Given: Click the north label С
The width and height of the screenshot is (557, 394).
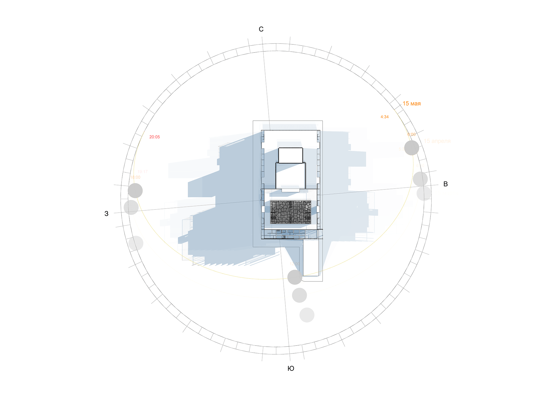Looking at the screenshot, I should pyautogui.click(x=261, y=29).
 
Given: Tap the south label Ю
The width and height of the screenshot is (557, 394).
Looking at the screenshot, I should pyautogui.click(x=291, y=368).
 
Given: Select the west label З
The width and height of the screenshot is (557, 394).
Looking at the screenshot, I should pyautogui.click(x=106, y=214).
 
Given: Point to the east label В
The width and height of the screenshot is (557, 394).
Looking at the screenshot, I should pyautogui.click(x=446, y=184).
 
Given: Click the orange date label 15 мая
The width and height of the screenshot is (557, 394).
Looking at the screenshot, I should pyautogui.click(x=411, y=104).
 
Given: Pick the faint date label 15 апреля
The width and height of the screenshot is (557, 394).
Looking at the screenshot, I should pyautogui.click(x=437, y=141).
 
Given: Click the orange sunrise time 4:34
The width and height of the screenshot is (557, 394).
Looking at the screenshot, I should pyautogui.click(x=384, y=117).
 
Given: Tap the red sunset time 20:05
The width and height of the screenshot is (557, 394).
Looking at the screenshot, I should pyautogui.click(x=154, y=137).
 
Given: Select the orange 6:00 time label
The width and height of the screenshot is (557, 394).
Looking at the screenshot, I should pyautogui.click(x=411, y=134).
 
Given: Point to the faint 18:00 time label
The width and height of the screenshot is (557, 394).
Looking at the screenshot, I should pyautogui.click(x=135, y=177).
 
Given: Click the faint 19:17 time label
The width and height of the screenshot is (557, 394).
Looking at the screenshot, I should pyautogui.click(x=142, y=172).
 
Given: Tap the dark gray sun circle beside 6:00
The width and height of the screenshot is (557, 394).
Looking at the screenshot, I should pyautogui.click(x=411, y=148).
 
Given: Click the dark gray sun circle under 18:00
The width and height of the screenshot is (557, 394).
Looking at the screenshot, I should pyautogui.click(x=135, y=191).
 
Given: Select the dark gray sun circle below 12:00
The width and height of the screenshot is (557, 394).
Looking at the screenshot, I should pyautogui.click(x=295, y=277).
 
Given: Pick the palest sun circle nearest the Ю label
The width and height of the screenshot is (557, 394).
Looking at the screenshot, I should pyautogui.click(x=307, y=315).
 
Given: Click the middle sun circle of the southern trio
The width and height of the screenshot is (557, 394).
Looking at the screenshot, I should pyautogui.click(x=299, y=295).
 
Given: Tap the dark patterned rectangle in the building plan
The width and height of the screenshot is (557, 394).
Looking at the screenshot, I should pyautogui.click(x=290, y=212).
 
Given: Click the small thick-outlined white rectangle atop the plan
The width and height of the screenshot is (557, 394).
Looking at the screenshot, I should pyautogui.click(x=290, y=155).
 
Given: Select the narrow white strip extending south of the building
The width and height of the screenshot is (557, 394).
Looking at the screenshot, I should pyautogui.click(x=311, y=258).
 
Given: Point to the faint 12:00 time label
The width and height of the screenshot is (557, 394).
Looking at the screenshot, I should pyautogui.click(x=294, y=264).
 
